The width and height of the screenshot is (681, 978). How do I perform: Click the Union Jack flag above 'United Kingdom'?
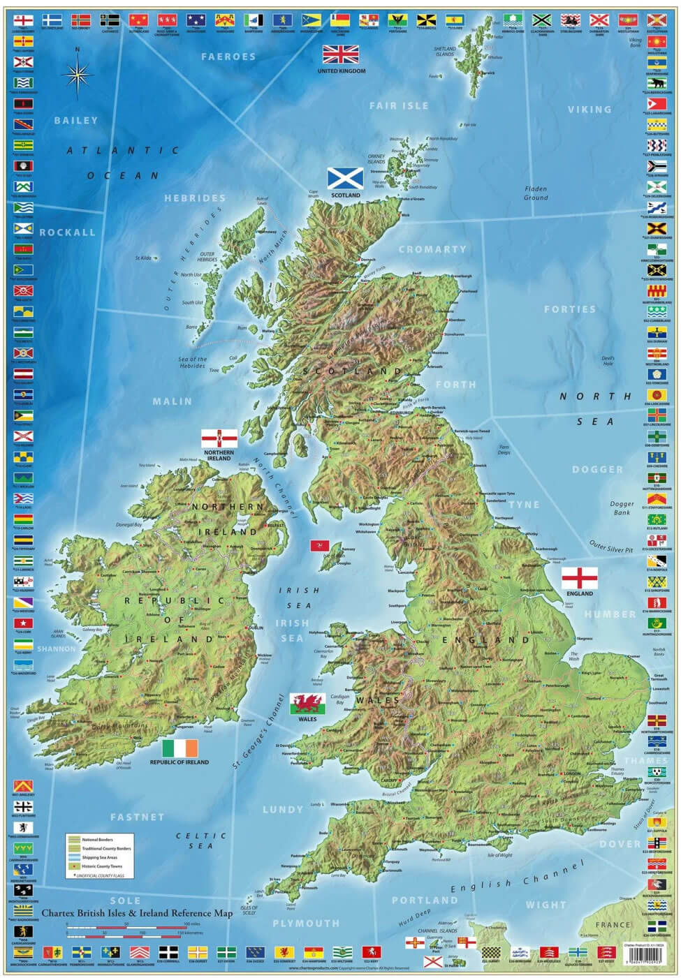[341, 54]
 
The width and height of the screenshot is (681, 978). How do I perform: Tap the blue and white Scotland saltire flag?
[345, 178]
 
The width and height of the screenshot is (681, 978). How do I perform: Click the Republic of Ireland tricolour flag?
[180, 748]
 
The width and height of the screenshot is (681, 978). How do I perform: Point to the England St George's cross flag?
[579, 578]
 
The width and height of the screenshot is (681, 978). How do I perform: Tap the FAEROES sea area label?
[228, 57]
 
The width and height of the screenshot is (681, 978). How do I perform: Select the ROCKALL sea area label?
[67, 232]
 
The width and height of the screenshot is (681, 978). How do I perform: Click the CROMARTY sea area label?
[432, 249]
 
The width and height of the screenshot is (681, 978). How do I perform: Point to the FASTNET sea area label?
[137, 817]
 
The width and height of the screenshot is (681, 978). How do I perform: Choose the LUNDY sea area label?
[283, 810]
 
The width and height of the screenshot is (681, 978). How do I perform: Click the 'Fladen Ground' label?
[536, 193]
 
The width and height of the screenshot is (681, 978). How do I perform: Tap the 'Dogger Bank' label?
[622, 507]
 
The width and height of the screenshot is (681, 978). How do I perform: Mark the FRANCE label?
[613, 924]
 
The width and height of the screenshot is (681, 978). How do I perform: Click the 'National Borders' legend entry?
[97, 840]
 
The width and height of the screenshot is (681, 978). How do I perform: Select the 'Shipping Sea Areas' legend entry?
[99, 857]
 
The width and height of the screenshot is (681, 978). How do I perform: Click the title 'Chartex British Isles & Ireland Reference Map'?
[137, 912]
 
